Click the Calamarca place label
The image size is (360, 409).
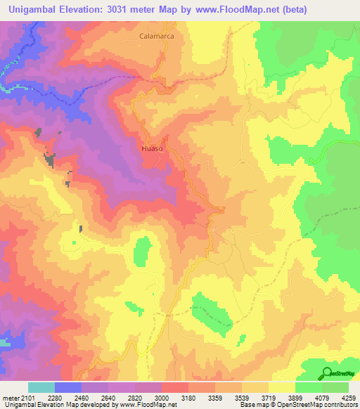156,34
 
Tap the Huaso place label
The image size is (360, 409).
153,149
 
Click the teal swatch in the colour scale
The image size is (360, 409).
41,387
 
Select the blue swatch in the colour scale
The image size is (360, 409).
68,387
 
